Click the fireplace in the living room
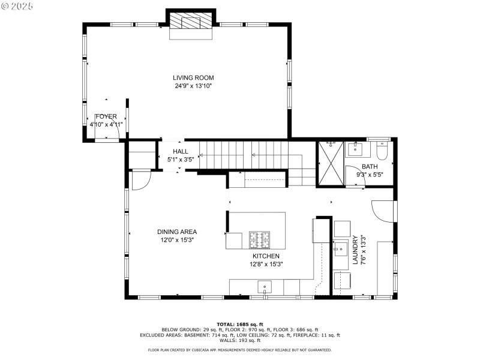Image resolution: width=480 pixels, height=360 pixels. click(191, 23)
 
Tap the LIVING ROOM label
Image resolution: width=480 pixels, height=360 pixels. click(193, 78)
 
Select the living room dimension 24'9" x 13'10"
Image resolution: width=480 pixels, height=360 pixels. click(193, 86)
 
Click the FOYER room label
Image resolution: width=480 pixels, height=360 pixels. click(106, 116)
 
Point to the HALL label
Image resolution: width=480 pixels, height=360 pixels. click(181, 152)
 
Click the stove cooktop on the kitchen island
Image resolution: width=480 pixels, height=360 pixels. click(260, 240)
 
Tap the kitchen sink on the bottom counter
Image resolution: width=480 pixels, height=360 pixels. click(265, 287)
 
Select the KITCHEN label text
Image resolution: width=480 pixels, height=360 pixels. click(266, 256)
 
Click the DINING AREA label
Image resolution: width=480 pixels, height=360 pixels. click(177, 232)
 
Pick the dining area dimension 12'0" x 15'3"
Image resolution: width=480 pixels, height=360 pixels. click(177, 240)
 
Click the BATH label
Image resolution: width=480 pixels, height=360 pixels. click(370, 167)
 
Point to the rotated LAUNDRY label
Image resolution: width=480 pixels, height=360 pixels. click(355, 250)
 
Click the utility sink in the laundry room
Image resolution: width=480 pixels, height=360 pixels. click(341, 248)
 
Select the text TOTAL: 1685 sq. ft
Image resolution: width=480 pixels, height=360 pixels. click(239, 324)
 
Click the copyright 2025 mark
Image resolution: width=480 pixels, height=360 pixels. click(17, 5)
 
